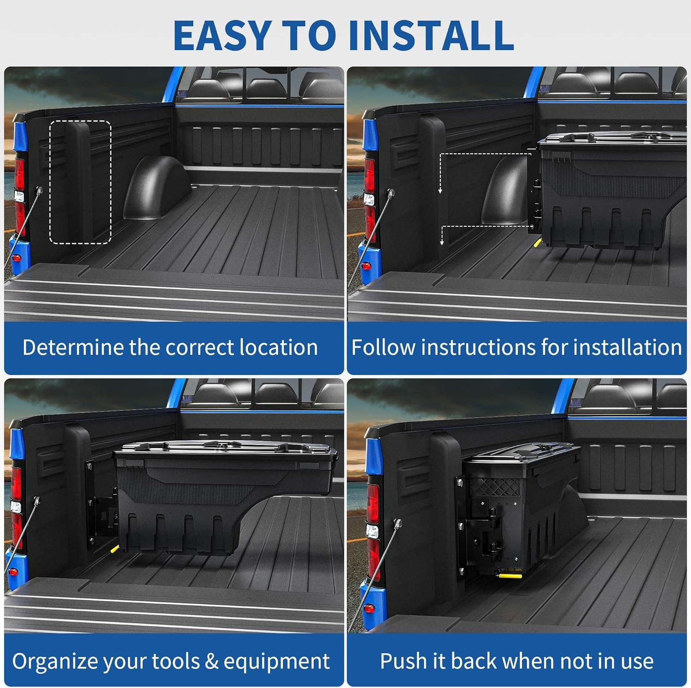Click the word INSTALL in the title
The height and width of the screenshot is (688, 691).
431,35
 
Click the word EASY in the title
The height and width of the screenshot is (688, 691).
222,35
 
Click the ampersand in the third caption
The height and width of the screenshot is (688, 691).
211,662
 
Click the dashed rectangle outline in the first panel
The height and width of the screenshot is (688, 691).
80,121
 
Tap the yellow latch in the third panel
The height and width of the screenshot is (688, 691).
114,549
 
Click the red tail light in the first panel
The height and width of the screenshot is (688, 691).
19,173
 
